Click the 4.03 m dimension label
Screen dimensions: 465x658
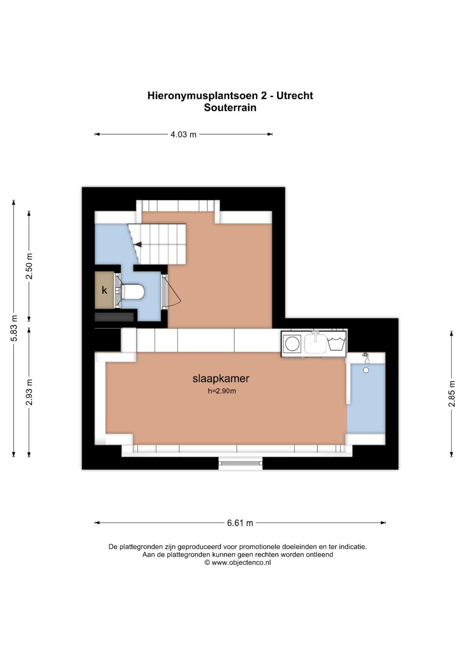click(x=183, y=134)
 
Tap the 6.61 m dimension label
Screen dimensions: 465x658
click(x=240, y=523)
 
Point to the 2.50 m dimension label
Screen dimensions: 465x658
click(x=29, y=266)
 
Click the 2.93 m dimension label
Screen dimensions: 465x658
click(x=29, y=392)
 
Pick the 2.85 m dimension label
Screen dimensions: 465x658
click(x=452, y=394)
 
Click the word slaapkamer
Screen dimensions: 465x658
click(x=221, y=378)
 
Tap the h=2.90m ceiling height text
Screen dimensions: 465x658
click(x=222, y=391)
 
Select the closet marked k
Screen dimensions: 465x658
click(x=104, y=290)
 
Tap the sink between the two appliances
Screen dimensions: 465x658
click(x=315, y=342)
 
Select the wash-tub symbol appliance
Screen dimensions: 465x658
click(x=336, y=344)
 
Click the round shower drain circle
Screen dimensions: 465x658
click(x=366, y=371)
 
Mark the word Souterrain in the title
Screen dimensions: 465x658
click(x=230, y=108)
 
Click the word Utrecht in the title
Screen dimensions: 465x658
click(x=295, y=96)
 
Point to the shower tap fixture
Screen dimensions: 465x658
click(x=366, y=358)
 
